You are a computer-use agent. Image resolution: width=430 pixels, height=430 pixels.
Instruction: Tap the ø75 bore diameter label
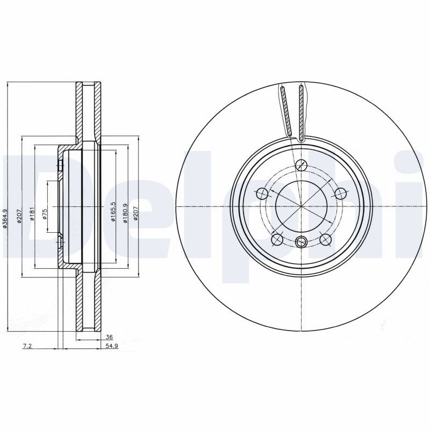click(45, 214)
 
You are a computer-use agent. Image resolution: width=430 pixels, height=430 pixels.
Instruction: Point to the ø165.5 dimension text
click(113, 211)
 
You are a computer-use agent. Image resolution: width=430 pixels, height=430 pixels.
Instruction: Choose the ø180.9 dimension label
click(126, 213)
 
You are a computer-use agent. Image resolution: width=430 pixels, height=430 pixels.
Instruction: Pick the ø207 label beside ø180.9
click(135, 213)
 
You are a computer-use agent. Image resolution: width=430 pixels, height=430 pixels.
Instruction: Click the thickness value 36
click(109, 337)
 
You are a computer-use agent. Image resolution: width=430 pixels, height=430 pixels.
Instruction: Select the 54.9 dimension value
click(112, 346)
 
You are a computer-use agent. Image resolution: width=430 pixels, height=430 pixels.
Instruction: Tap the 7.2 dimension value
click(27, 346)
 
